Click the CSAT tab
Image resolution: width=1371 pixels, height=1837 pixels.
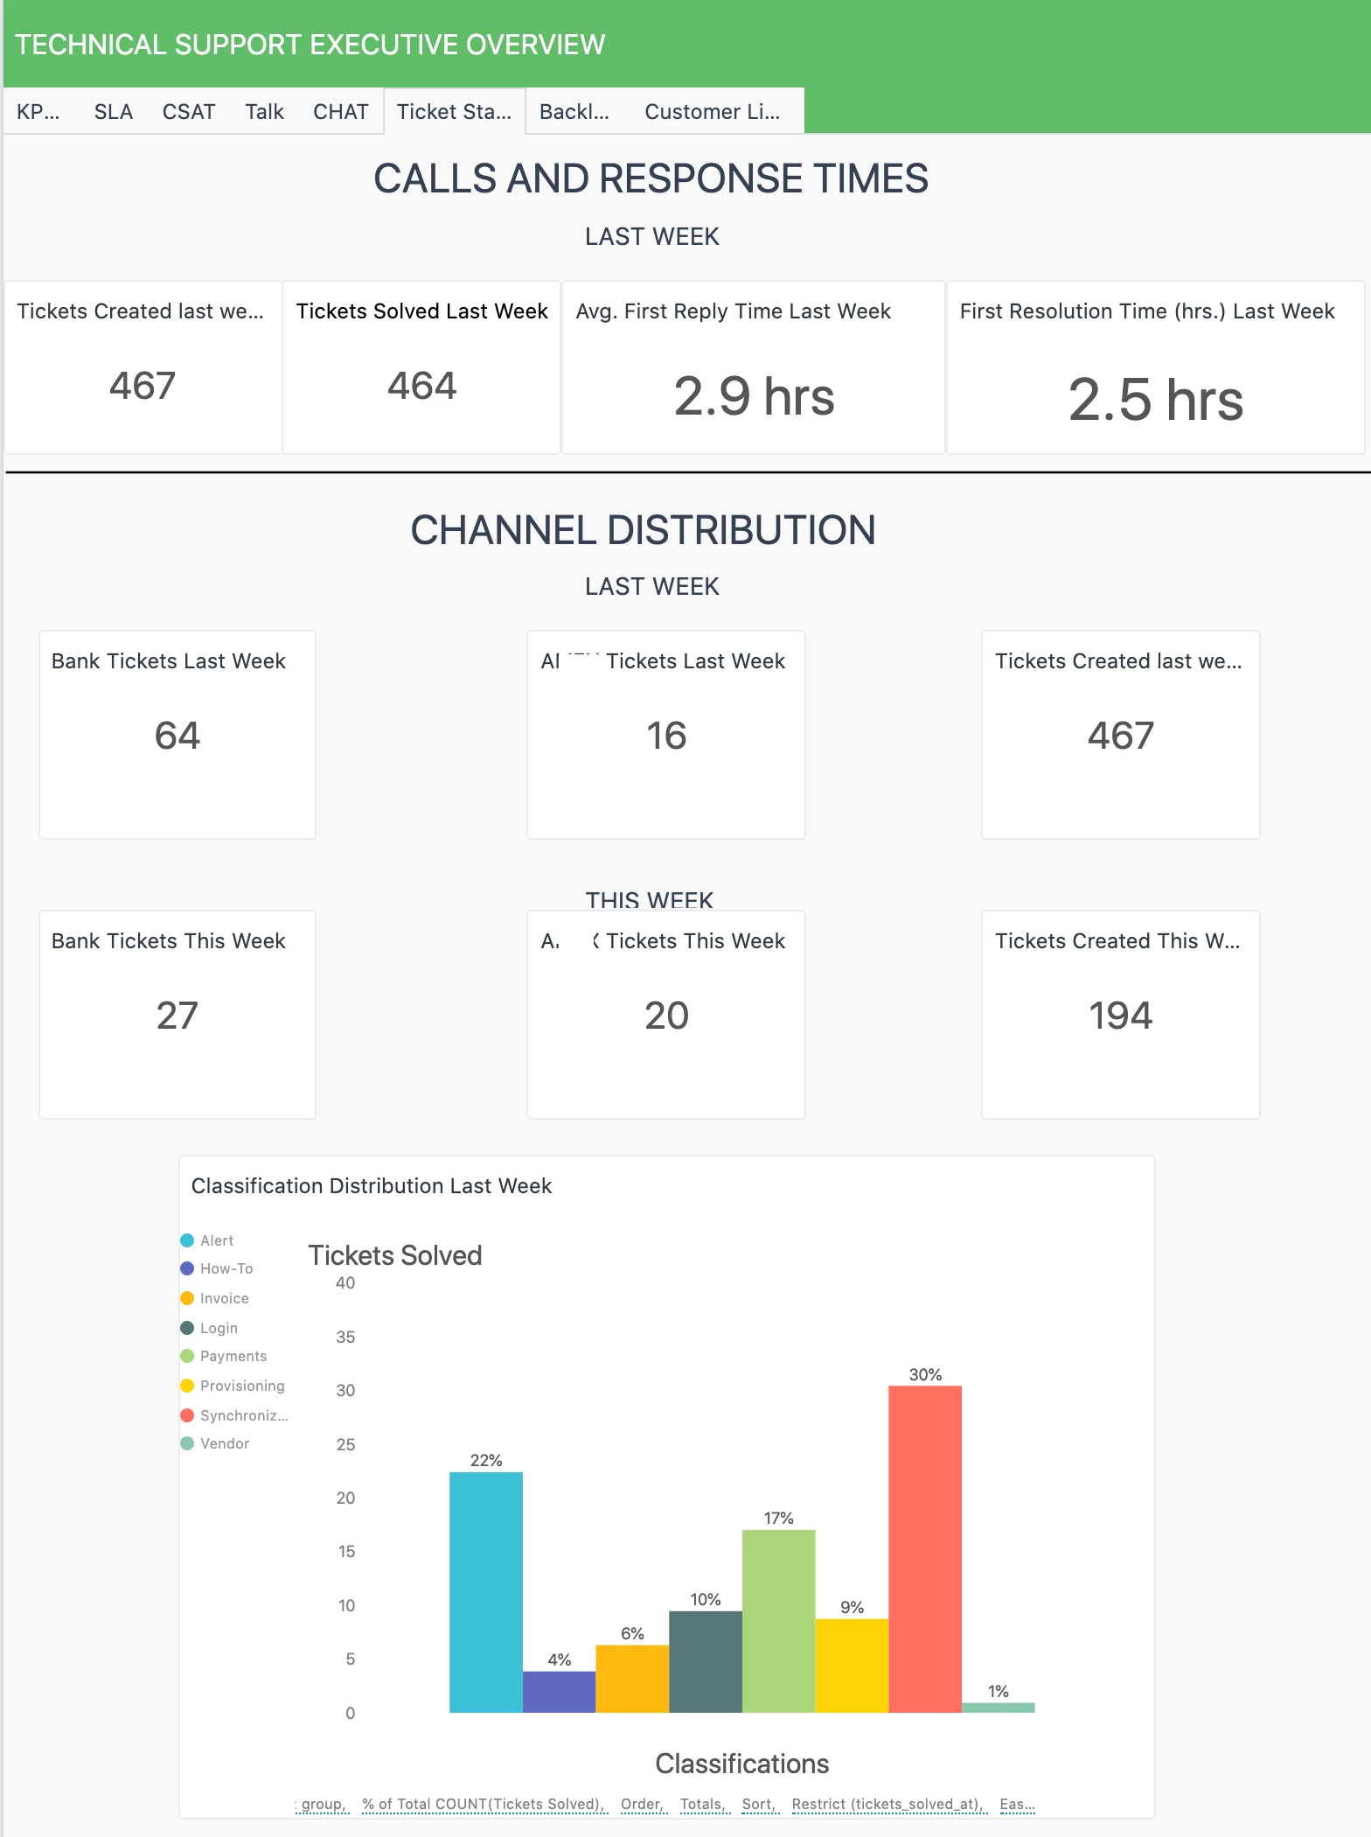pos(188,112)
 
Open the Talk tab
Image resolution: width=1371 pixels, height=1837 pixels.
pos(264,112)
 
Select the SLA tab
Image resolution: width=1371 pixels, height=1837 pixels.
pos(114,112)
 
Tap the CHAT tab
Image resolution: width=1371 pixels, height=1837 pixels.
pos(340,112)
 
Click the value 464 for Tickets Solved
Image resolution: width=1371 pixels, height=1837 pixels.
pos(421,386)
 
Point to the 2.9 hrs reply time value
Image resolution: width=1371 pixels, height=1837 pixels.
pos(754,396)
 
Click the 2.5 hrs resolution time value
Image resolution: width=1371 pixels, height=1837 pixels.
pos(1155,400)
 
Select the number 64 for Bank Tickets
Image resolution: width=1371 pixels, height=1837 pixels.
pos(177,736)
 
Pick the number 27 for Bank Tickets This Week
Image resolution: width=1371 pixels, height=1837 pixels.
pos(177,1016)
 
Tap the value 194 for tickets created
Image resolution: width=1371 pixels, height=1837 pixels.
pos(1120,1016)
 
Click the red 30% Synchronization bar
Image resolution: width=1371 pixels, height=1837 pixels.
pos(924,1548)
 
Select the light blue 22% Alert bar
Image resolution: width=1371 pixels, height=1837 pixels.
pos(485,1592)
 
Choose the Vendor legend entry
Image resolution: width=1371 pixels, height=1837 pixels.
pos(224,1443)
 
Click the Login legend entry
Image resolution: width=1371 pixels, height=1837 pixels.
pos(218,1328)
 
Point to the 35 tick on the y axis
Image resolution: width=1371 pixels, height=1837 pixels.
pos(345,1337)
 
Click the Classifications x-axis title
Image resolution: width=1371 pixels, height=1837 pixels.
pos(741,1764)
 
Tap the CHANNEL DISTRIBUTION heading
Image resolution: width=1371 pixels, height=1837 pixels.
pos(643,530)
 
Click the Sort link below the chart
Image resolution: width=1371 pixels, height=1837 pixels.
pos(758,1804)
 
